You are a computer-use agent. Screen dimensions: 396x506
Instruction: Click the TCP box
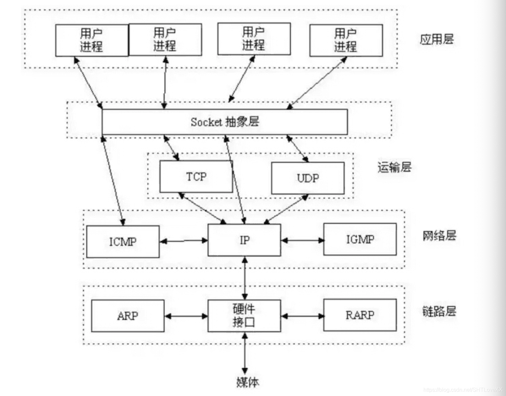click(196, 176)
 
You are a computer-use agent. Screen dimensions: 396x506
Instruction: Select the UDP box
click(308, 178)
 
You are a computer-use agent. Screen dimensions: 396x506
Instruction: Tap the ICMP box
click(123, 242)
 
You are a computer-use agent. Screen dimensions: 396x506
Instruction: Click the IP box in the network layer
click(244, 240)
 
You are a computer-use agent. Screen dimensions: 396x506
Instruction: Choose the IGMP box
click(360, 239)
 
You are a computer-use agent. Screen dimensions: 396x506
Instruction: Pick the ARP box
click(128, 316)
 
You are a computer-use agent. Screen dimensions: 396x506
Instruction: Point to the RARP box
click(360, 315)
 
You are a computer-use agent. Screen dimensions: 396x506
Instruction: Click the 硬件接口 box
click(244, 315)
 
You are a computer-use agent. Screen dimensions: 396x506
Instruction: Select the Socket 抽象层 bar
click(225, 122)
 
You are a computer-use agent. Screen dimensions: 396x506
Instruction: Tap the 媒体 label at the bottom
click(247, 382)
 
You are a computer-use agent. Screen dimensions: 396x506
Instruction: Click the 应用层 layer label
click(436, 39)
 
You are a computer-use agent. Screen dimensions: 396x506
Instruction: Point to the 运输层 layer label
click(394, 167)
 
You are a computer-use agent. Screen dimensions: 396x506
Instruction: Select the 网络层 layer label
click(439, 236)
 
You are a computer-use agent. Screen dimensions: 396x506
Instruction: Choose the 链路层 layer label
click(439, 311)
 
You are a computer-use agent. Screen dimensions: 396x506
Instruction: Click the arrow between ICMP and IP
click(184, 241)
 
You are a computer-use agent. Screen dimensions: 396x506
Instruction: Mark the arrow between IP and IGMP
click(302, 240)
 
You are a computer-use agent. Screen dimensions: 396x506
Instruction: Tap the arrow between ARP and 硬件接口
click(186, 316)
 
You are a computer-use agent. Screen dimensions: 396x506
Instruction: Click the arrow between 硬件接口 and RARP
click(302, 316)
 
